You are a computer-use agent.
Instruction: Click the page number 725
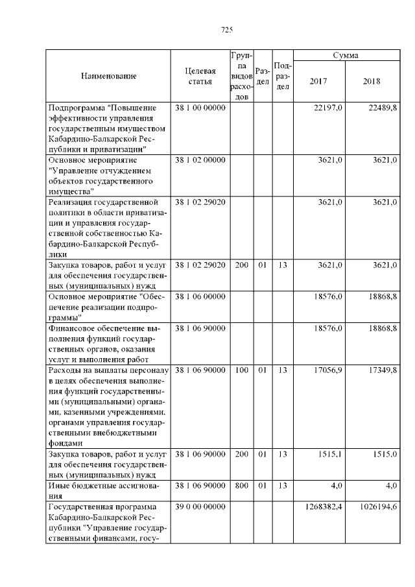[x=227, y=30]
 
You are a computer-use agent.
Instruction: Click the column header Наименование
[x=108, y=77]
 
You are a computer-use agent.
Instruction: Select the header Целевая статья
[x=200, y=76]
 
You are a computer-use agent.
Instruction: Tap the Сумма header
[x=346, y=56]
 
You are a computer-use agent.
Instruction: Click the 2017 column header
[x=318, y=82]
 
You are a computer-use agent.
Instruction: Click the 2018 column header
[x=372, y=82]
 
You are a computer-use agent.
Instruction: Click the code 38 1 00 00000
[x=200, y=108]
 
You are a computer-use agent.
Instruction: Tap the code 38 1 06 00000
[x=200, y=296]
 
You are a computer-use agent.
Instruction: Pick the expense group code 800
[x=241, y=485]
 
